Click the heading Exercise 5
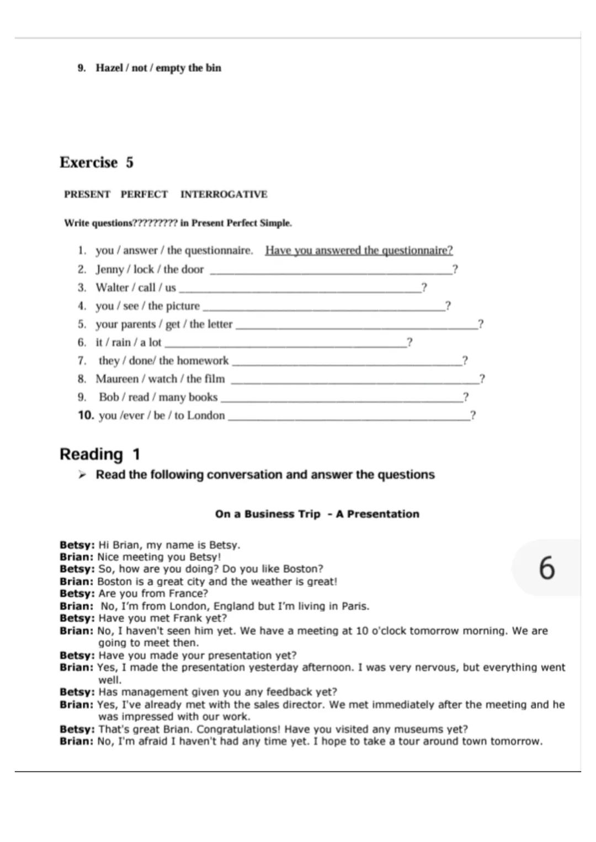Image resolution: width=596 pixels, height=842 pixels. pos(97,162)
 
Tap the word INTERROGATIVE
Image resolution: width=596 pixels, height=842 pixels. pos(223,194)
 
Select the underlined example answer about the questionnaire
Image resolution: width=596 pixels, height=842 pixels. pos(359,251)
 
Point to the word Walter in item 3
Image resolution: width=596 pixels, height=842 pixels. pos(112,287)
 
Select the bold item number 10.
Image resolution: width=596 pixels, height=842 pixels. pos(86,415)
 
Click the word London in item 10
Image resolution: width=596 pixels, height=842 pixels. pos(206,415)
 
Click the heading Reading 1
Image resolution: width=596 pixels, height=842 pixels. pos(100,454)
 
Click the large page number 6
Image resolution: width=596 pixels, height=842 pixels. pos(546,568)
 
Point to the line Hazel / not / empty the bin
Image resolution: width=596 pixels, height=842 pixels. pos(158,68)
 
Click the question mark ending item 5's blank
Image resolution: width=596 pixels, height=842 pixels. pos(481,324)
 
